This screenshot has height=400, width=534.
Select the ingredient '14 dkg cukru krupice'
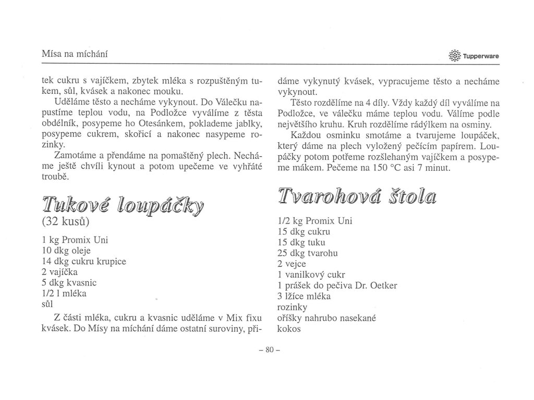point(83,260)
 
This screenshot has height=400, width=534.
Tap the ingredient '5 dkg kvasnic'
point(69,282)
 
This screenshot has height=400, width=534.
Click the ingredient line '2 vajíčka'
point(62,271)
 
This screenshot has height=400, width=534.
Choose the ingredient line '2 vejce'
point(293,264)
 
